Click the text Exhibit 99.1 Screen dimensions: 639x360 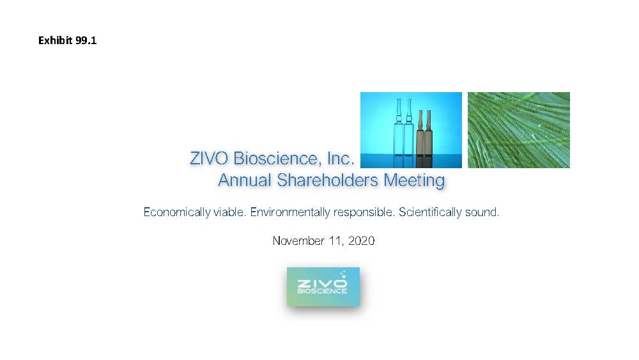[67, 40]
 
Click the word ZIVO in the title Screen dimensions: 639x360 [209, 159]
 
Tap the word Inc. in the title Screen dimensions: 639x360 [341, 159]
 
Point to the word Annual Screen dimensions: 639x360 [245, 180]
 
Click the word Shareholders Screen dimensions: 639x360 [328, 180]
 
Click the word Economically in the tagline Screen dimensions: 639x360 [177, 212]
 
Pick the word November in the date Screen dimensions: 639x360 [298, 241]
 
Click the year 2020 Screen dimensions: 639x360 [362, 241]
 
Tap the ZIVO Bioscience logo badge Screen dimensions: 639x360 [323, 286]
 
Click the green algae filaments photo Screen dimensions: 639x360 [519, 130]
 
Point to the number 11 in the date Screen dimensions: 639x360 [336, 241]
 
